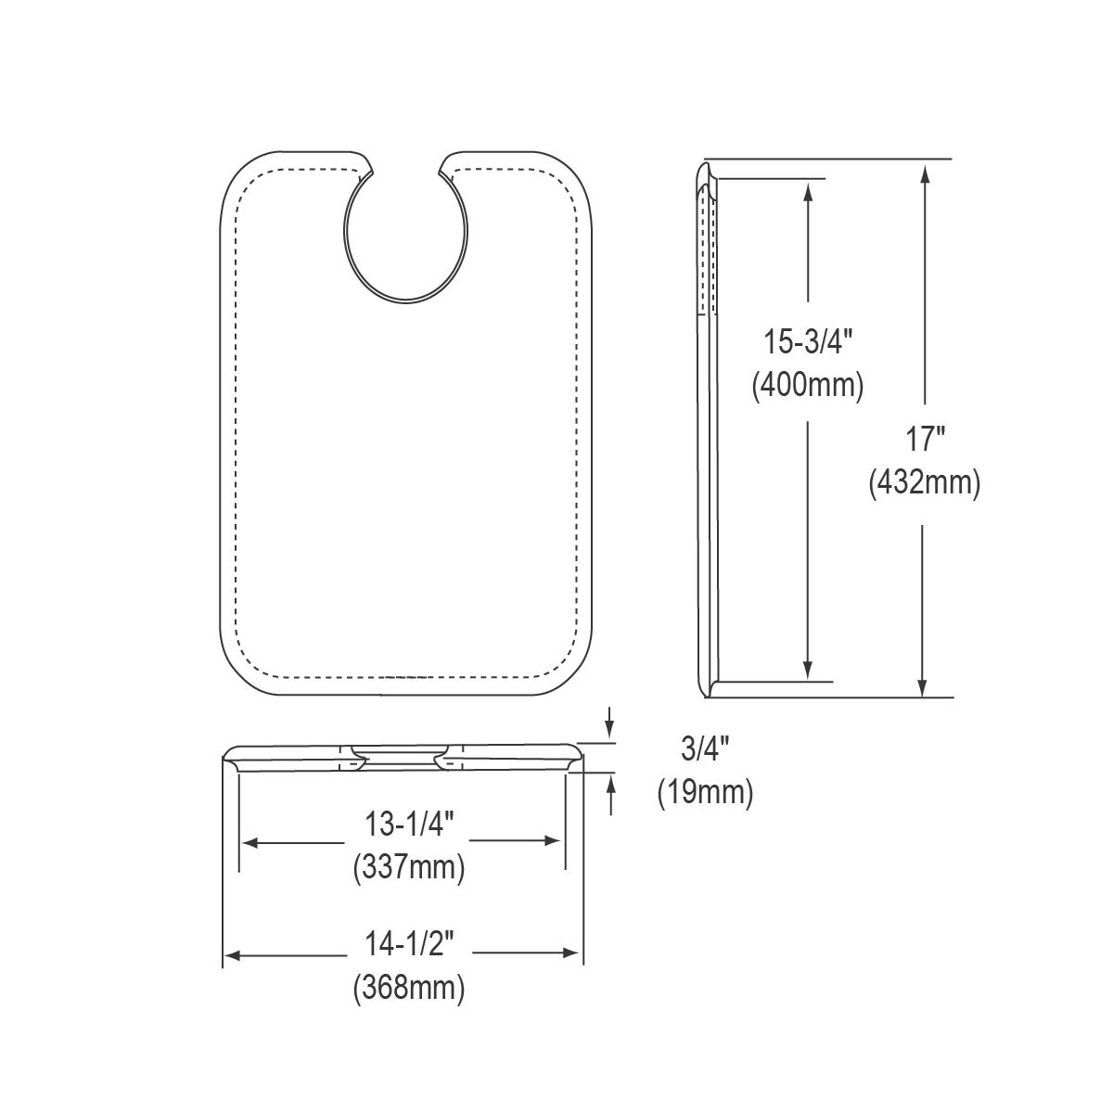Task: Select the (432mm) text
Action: coord(924,483)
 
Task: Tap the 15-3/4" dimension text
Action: coord(808,342)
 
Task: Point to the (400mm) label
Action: coord(808,383)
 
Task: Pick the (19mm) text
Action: coord(705,793)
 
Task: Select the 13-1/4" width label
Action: coord(408,823)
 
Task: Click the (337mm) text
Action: coord(408,868)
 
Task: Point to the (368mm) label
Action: coord(408,988)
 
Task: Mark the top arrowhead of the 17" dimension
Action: coord(923,170)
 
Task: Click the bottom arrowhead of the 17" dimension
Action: coord(923,687)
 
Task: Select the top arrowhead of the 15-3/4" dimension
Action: coord(809,189)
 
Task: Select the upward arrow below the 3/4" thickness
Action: coord(610,783)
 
